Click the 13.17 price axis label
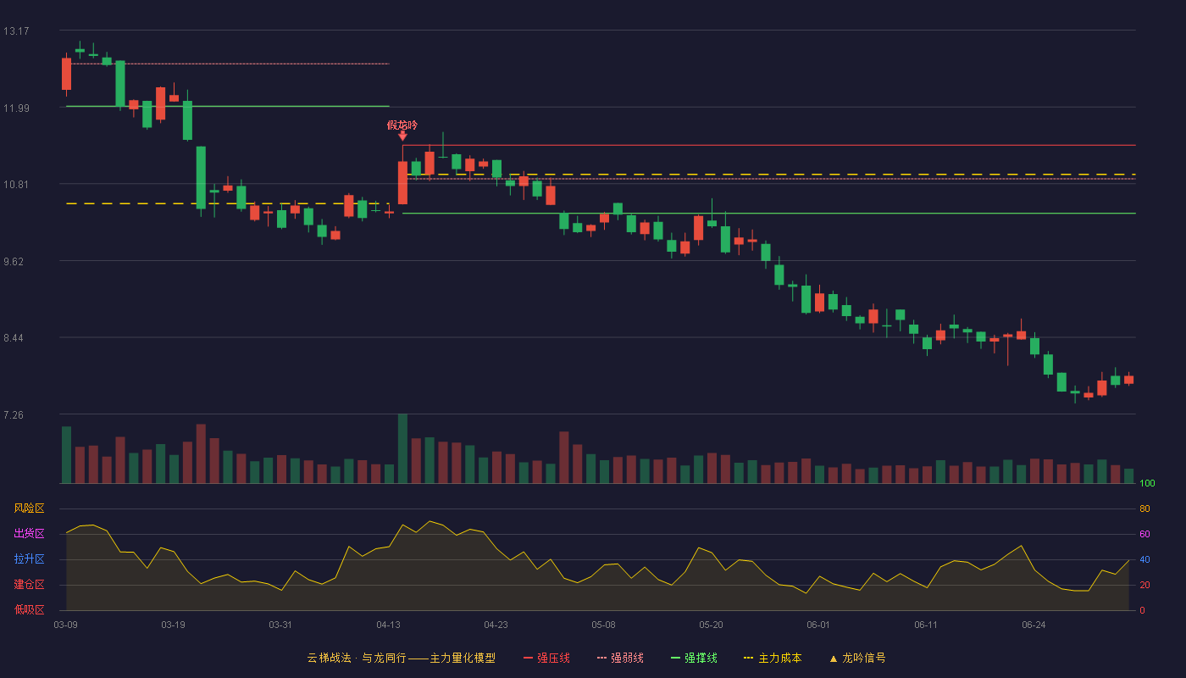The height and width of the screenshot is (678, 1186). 16,31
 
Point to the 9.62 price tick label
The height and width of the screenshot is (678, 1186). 14,262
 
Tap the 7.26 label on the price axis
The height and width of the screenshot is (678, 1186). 14,415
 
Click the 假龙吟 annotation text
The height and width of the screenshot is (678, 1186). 402,125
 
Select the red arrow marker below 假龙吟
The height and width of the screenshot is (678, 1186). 403,136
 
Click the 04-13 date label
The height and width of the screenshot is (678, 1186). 388,625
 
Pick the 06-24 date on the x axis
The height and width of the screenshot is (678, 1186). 1034,625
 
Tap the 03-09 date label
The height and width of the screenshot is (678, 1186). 66,625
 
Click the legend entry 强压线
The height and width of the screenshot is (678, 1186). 546,658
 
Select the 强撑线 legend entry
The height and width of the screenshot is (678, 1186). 694,658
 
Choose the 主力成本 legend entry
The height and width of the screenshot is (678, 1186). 773,658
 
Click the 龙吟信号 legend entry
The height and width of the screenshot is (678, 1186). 857,658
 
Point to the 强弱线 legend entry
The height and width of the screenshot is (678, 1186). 620,658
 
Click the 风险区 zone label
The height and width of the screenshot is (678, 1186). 29,508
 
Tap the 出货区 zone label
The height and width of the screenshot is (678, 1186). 29,533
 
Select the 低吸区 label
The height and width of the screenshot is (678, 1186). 29,609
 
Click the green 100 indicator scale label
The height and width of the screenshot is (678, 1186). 1147,483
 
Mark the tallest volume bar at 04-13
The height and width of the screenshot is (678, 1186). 403,448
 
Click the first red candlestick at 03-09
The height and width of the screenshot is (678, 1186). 67,75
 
